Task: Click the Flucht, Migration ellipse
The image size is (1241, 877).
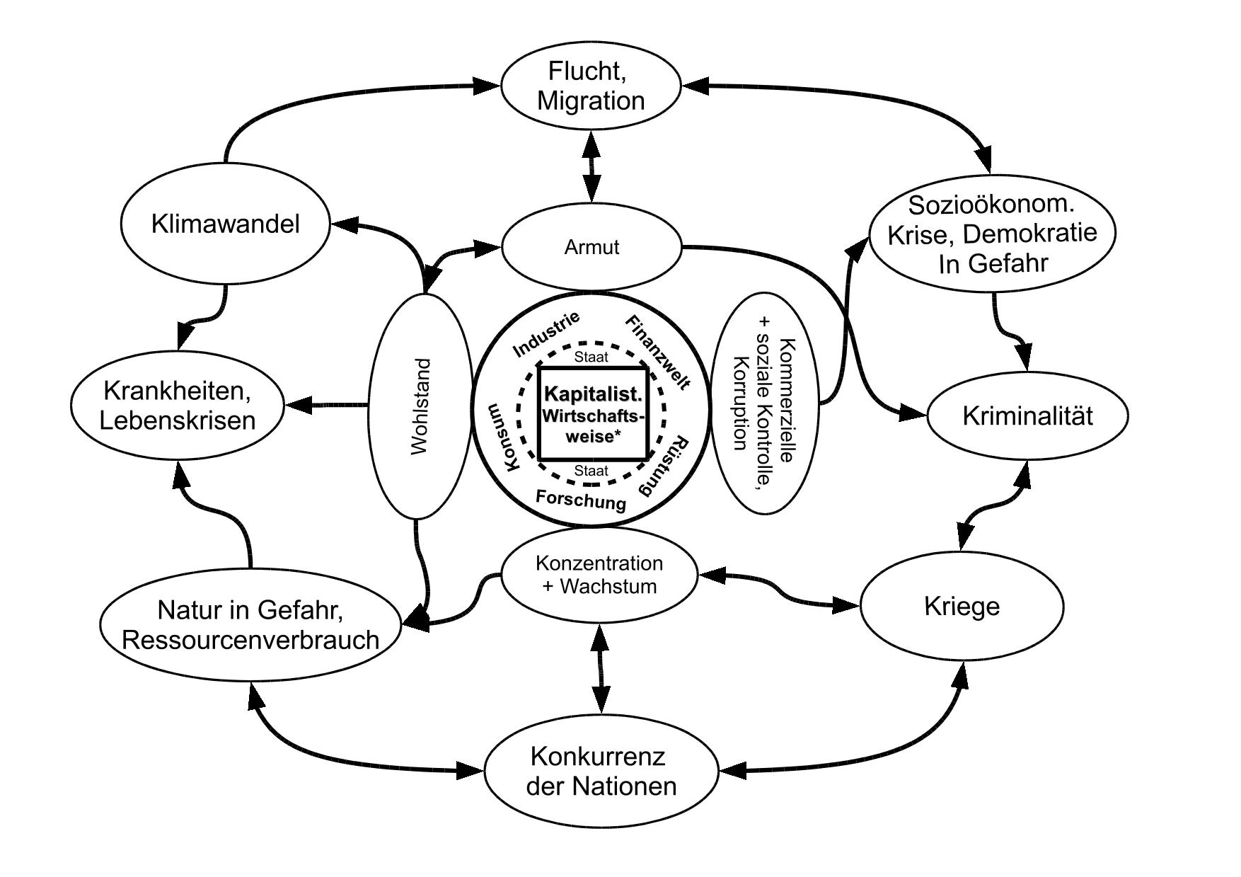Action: point(591,86)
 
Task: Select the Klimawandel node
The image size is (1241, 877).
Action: point(226,224)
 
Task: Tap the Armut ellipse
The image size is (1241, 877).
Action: point(591,247)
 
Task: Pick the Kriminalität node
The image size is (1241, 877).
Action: point(1027,416)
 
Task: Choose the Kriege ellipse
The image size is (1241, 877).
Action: point(962,607)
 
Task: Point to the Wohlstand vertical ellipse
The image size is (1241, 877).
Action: point(420,406)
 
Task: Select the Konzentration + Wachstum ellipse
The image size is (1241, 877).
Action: point(599,575)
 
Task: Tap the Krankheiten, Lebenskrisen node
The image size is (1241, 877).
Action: point(178,406)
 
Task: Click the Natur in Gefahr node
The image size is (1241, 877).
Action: point(251,624)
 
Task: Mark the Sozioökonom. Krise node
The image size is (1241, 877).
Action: point(992,234)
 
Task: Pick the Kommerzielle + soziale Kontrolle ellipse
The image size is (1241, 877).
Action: point(764,403)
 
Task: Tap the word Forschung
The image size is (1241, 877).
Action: point(581,500)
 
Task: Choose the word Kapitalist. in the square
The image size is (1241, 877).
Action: point(593,394)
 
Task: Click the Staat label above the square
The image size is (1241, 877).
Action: point(591,357)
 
